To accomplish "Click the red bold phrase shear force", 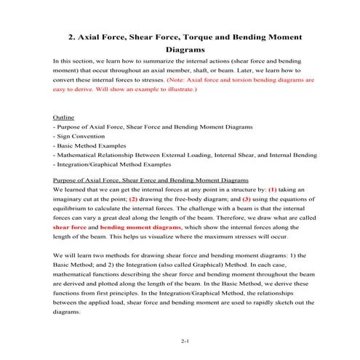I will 70,226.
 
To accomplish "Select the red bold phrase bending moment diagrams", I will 140,226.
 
